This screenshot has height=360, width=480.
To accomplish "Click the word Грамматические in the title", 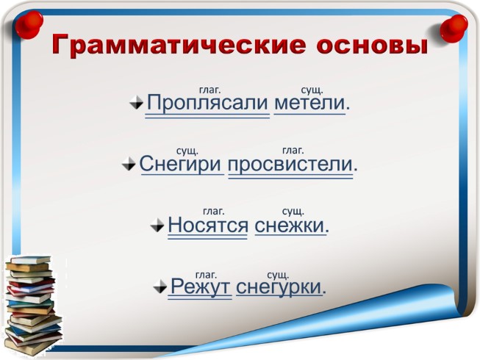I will tap(172, 46).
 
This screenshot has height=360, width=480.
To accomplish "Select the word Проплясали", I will tap(207, 103).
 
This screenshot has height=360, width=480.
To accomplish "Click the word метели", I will tap(309, 103).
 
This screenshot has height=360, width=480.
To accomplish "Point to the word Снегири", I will tap(182, 163).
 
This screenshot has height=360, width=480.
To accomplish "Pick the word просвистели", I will tap(290, 163).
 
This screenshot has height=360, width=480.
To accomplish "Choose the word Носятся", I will tap(208, 224).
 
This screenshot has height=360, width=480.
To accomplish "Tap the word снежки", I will tap(290, 224).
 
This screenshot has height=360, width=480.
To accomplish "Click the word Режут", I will tap(201, 285).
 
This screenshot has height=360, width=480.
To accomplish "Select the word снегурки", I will tap(279, 285).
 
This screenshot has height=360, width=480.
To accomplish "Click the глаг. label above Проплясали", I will tap(210, 90).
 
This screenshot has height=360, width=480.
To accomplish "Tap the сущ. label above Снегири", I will tap(187, 151).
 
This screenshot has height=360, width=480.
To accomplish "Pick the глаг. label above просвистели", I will tap(293, 151).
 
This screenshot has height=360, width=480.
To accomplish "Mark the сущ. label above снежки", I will tap(293, 212).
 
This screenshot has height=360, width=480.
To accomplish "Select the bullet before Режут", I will tap(161, 287).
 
